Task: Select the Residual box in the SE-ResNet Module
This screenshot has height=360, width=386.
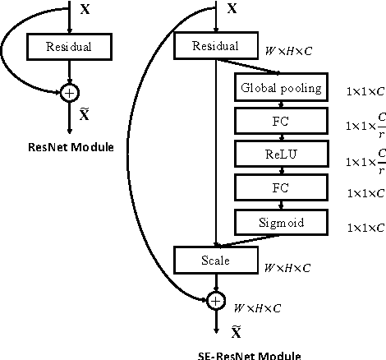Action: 214,47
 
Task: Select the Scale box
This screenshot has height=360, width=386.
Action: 214,261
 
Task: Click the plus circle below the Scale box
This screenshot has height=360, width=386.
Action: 215,301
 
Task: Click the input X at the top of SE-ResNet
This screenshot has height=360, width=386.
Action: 232,10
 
